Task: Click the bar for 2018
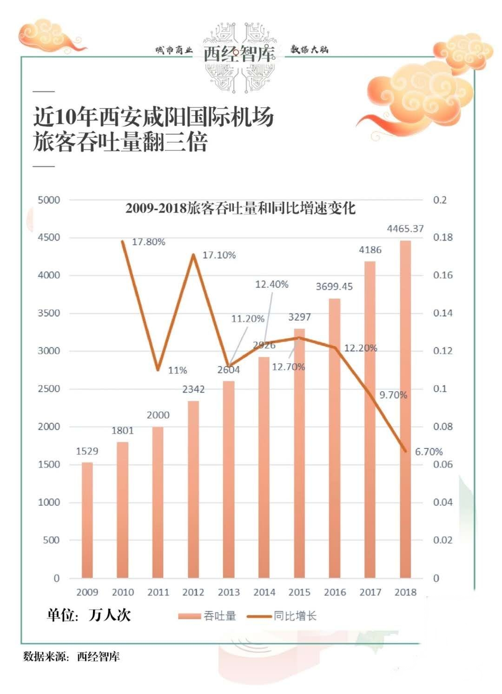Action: (405, 409)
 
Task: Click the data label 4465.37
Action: (405, 228)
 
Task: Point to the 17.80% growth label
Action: (149, 242)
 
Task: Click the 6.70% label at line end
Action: (429, 452)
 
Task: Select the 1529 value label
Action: (87, 451)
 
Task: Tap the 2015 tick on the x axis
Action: (299, 592)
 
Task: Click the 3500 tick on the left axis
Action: (49, 313)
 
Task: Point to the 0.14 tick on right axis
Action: (443, 313)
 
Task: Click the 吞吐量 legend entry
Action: (208, 616)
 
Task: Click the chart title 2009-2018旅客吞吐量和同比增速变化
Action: (240, 208)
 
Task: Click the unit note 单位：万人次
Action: (89, 615)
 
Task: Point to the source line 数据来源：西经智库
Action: (72, 656)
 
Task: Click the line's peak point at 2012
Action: (193, 254)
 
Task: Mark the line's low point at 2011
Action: (158, 370)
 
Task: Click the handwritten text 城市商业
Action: (174, 50)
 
